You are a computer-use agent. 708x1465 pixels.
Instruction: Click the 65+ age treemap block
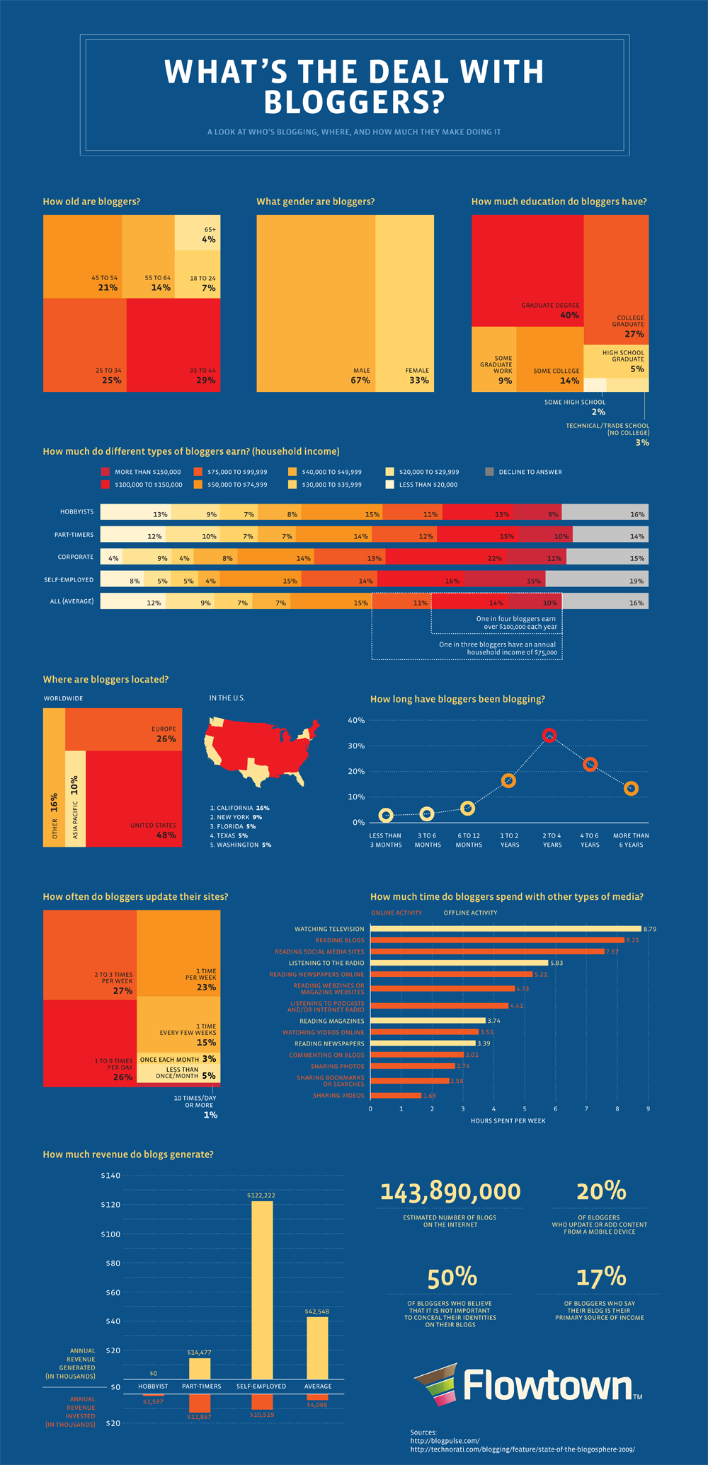pyautogui.click(x=198, y=233)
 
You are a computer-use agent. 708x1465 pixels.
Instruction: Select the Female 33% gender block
pyautogui.click(x=404, y=303)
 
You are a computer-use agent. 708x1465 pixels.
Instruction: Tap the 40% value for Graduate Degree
pyautogui.click(x=569, y=315)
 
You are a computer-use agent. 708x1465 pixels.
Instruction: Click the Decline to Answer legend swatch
pyautogui.click(x=489, y=471)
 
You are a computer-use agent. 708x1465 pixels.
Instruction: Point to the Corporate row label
pyautogui.click(x=76, y=557)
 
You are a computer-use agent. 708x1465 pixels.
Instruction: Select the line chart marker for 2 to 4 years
pyautogui.click(x=549, y=736)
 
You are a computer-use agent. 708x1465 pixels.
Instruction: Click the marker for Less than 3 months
pyautogui.click(x=385, y=816)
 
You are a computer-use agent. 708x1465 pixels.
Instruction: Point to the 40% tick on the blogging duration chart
pyautogui.click(x=356, y=720)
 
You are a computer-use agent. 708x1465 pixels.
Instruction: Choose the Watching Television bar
pyautogui.click(x=506, y=929)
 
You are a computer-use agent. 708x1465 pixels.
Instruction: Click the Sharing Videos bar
pyautogui.click(x=396, y=1095)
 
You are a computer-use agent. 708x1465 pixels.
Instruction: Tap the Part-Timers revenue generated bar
pyautogui.click(x=200, y=1368)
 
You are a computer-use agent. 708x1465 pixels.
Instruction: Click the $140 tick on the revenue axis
pyautogui.click(x=112, y=1176)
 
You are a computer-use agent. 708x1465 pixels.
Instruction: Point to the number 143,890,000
pyautogui.click(x=450, y=1192)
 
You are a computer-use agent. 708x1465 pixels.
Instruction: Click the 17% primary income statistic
pyautogui.click(x=600, y=1277)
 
